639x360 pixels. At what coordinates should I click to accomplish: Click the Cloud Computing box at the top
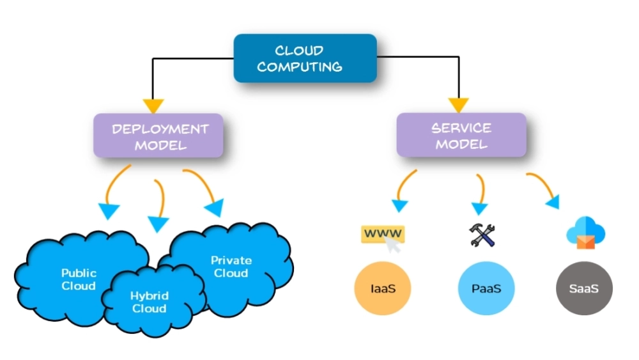click(305, 58)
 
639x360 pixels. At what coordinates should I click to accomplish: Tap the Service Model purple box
click(461, 136)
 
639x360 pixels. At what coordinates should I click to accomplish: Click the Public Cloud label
click(79, 279)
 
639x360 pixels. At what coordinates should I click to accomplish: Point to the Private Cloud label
click(231, 267)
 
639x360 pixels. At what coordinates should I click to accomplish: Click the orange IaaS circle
click(383, 288)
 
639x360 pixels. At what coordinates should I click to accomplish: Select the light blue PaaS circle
click(486, 288)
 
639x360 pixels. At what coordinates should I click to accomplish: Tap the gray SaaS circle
click(584, 288)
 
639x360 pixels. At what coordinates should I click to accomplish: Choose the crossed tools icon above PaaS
click(483, 235)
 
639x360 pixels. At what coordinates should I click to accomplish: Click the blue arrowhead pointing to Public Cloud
click(109, 210)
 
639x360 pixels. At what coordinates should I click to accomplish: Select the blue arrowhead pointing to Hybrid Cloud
click(158, 224)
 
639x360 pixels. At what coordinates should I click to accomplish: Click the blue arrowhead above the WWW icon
click(399, 205)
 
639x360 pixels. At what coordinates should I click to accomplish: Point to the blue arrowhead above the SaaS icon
click(551, 201)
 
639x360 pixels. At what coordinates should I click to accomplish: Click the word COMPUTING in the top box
click(299, 67)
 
